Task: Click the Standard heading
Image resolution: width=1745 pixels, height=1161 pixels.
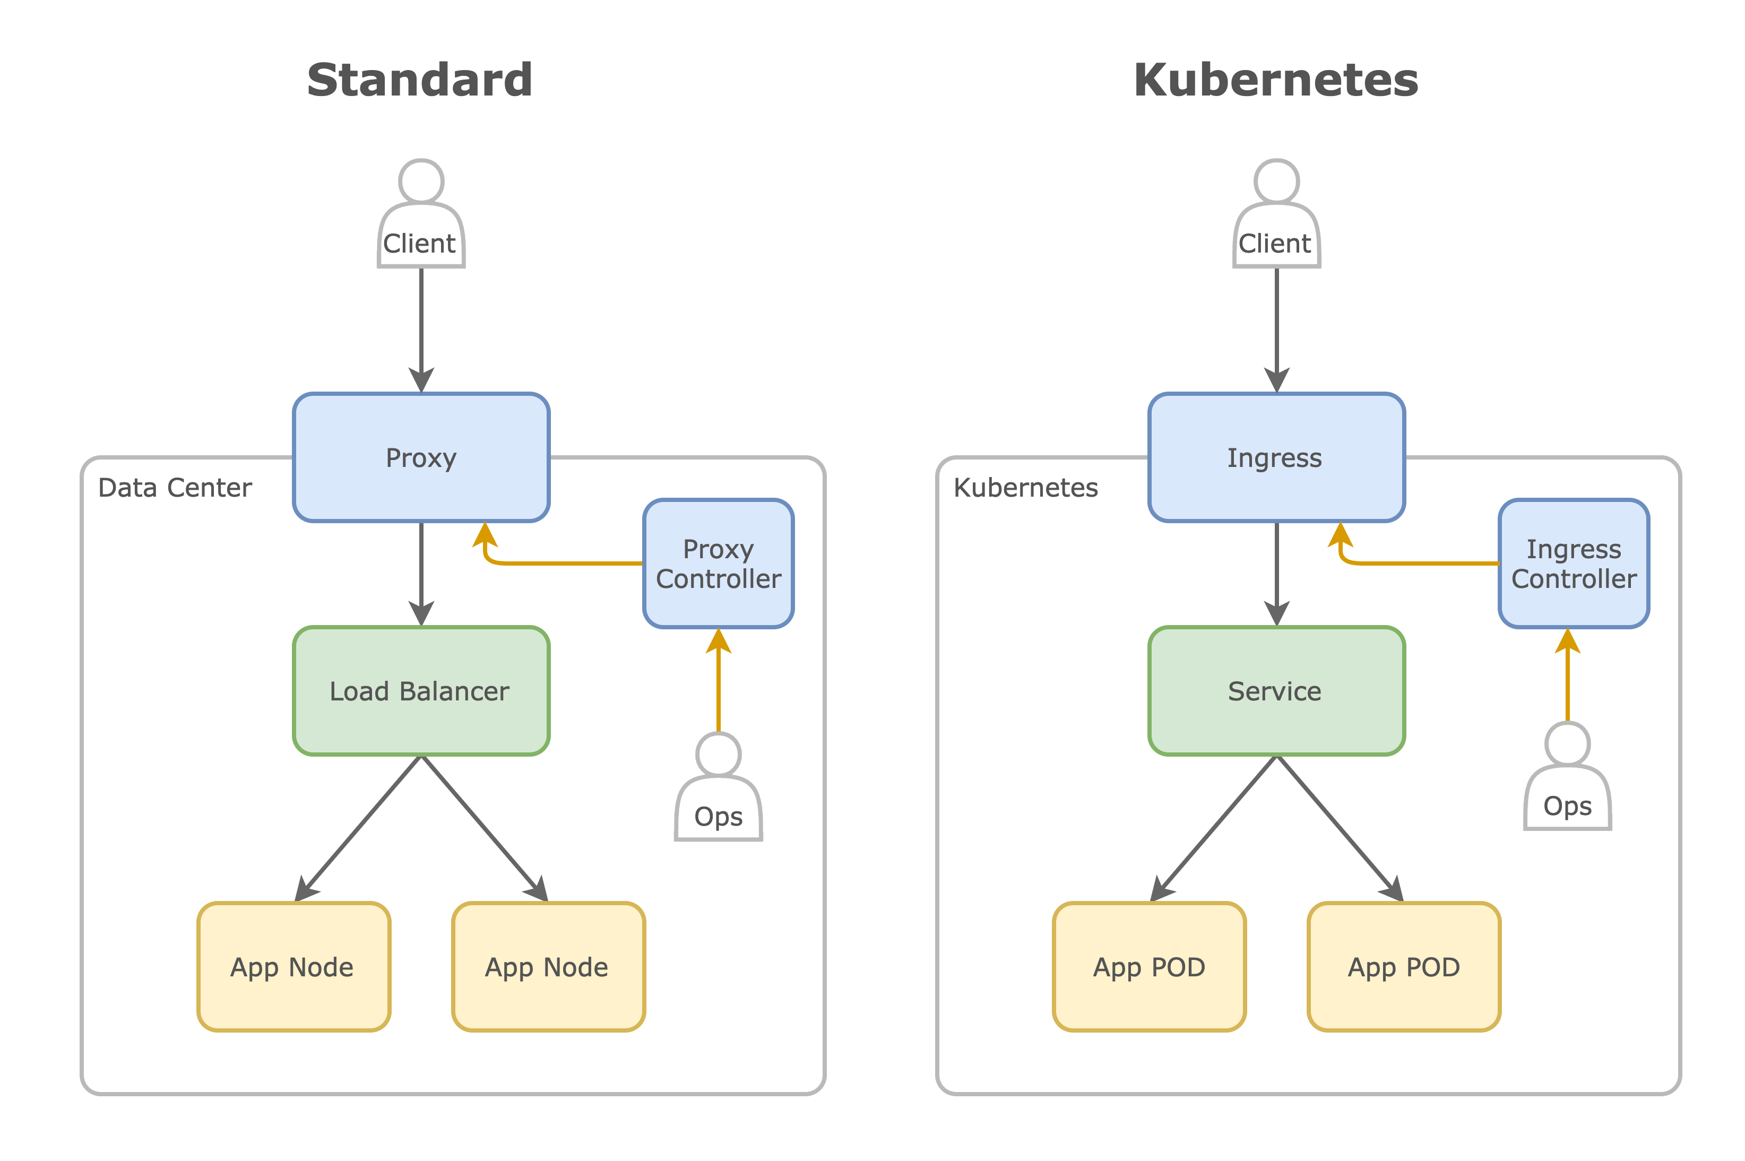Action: (x=419, y=80)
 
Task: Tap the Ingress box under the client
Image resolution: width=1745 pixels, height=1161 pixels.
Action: (x=1276, y=457)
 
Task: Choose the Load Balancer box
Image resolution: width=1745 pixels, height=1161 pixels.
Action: (x=420, y=690)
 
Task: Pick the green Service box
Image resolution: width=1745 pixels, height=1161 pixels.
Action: (x=1276, y=690)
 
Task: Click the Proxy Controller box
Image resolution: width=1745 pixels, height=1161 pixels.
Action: (x=718, y=563)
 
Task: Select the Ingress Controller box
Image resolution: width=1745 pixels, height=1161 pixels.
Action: (x=1573, y=563)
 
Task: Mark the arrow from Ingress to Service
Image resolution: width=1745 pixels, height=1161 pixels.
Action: (x=1276, y=570)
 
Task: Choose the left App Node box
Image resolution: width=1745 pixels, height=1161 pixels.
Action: (x=293, y=966)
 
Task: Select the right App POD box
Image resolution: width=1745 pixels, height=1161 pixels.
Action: (x=1403, y=966)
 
